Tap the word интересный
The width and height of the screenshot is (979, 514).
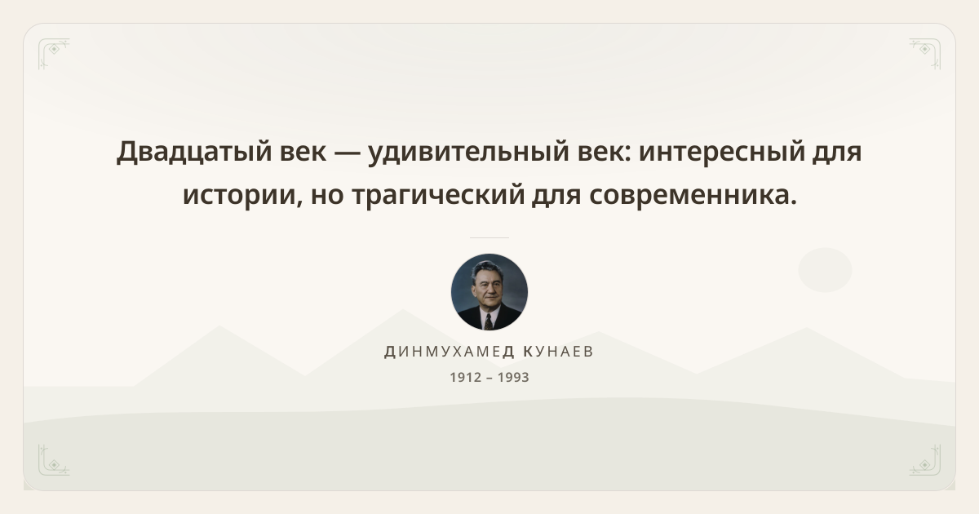(x=722, y=152)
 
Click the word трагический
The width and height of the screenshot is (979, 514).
(x=438, y=195)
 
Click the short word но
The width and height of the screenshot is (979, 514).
(x=327, y=195)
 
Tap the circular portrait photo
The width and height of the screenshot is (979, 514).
(x=489, y=292)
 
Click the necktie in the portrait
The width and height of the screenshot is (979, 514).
(x=488, y=321)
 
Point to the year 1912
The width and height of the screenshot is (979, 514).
(x=466, y=377)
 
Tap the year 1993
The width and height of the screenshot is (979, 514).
(x=513, y=377)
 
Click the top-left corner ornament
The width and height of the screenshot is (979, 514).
(x=54, y=54)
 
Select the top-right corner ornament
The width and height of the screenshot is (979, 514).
(x=925, y=54)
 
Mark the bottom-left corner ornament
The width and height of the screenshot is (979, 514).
(x=54, y=460)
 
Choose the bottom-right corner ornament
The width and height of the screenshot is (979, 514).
(x=925, y=460)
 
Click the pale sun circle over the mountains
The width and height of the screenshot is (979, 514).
(x=825, y=270)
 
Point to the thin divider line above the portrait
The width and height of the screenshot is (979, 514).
(x=489, y=237)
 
